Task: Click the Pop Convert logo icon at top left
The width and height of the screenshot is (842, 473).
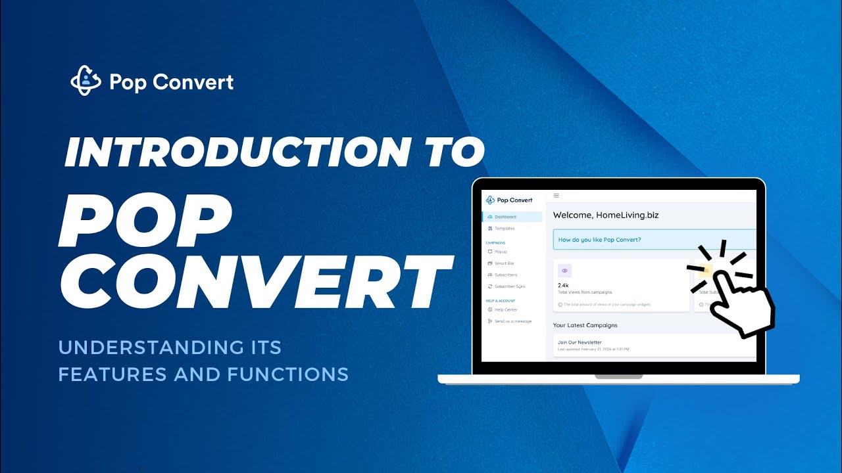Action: coord(86,81)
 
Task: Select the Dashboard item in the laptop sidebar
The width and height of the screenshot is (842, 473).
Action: coord(505,217)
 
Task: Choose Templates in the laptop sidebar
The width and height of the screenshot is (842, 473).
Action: coord(505,229)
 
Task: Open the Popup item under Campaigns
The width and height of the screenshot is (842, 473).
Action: coord(501,252)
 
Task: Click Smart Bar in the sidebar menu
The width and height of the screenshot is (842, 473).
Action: coord(505,263)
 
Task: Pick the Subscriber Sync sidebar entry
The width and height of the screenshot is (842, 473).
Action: coord(510,286)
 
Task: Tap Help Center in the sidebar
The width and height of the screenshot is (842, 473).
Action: coord(506,309)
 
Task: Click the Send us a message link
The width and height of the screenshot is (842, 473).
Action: coord(513,321)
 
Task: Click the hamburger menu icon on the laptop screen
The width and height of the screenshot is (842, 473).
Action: coord(557,195)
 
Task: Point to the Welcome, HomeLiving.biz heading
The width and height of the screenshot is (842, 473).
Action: coord(606,215)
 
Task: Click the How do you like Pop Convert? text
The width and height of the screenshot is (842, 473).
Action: coord(599,240)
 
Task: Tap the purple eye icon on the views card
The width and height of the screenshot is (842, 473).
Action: coord(564,271)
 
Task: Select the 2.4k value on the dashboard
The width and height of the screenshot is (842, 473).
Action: coord(563,285)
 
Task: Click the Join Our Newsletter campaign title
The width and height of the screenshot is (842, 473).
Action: coord(580,342)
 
